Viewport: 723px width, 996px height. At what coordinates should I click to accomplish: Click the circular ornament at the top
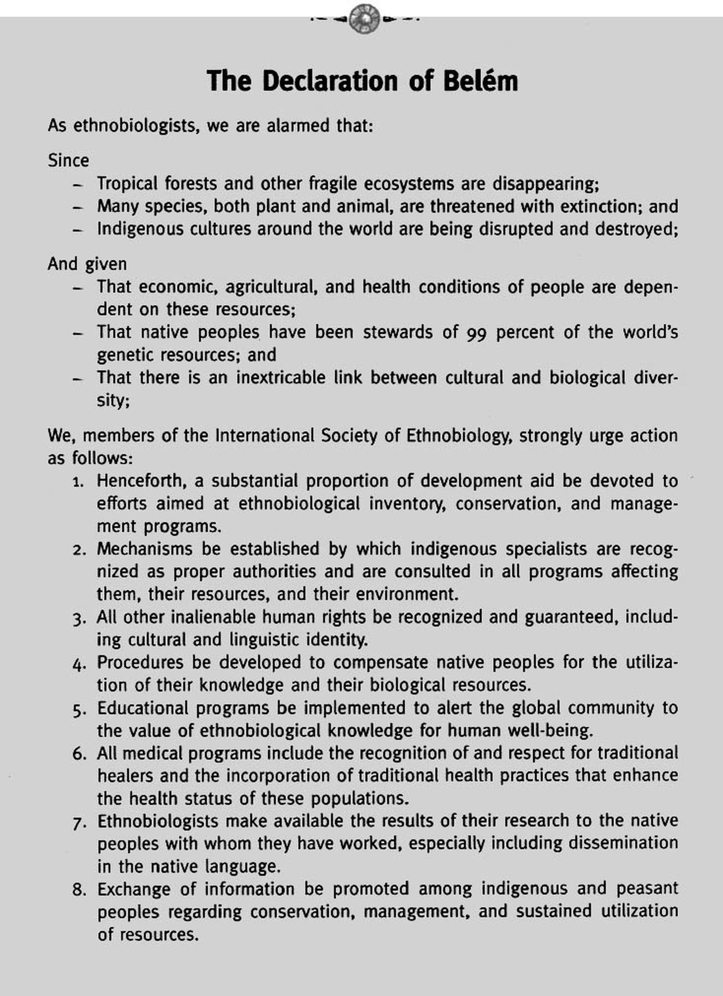click(364, 19)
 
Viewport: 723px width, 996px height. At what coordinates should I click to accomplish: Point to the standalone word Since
click(68, 161)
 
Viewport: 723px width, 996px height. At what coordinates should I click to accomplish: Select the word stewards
click(398, 332)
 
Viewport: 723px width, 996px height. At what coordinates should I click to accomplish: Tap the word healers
click(124, 776)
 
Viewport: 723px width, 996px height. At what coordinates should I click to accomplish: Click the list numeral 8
click(78, 890)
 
